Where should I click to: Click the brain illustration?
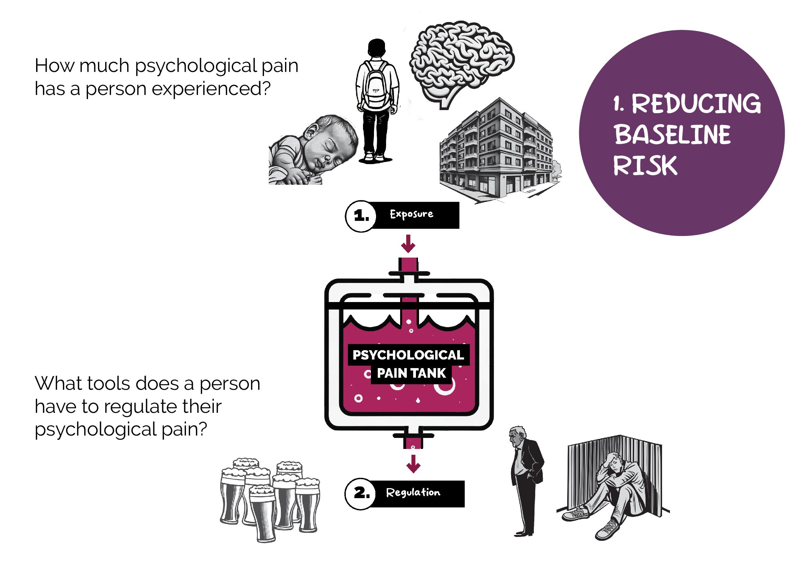pyautogui.click(x=462, y=63)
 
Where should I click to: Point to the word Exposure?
pyautogui.click(x=411, y=214)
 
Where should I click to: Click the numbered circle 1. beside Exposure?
pyautogui.click(x=361, y=216)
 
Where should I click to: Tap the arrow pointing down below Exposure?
pyautogui.click(x=408, y=244)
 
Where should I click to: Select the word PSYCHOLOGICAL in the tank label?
pyautogui.click(x=408, y=355)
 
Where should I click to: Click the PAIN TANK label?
pyautogui.click(x=411, y=374)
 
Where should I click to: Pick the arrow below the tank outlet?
pyautogui.click(x=413, y=464)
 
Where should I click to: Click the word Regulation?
pyautogui.click(x=413, y=493)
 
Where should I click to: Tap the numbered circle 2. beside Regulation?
pyautogui.click(x=361, y=494)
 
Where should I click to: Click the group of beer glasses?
pyautogui.click(x=269, y=497)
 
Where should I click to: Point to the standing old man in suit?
pyautogui.click(x=525, y=480)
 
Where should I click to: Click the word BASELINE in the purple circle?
pyautogui.click(x=672, y=135)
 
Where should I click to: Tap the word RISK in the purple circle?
pyautogui.click(x=645, y=166)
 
